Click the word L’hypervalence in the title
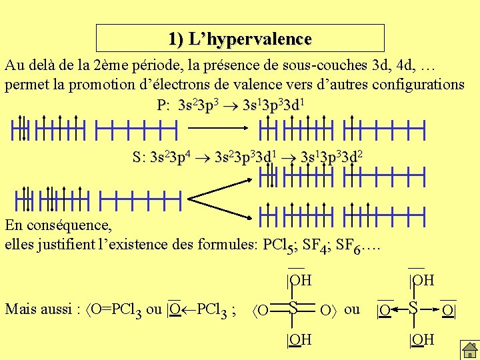tap(250, 39)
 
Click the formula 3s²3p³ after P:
tap(198, 105)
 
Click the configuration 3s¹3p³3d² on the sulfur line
tap(332, 158)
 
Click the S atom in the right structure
tap(414, 309)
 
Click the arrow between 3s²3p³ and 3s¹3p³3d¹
tap(229, 105)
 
